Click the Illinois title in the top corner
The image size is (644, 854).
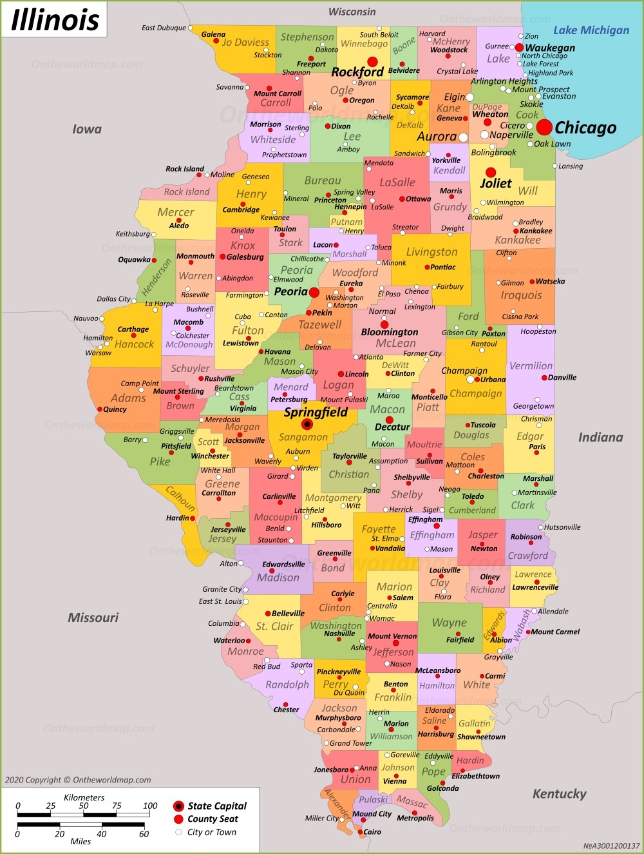[55, 19]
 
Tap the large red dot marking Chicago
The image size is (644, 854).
[544, 127]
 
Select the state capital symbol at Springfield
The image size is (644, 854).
[307, 424]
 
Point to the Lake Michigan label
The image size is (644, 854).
[591, 30]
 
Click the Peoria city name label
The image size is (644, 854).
[290, 291]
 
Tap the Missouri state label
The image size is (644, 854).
[93, 617]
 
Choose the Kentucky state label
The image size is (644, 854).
[559, 793]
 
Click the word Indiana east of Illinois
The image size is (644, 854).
[600, 438]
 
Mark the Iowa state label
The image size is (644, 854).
[87, 129]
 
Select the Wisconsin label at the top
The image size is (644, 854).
[352, 12]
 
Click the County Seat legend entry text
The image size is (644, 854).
[213, 819]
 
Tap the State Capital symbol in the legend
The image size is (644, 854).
[178, 806]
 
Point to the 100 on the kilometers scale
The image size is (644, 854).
[150, 805]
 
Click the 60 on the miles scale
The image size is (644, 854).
[144, 833]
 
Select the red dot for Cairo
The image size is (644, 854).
[360, 832]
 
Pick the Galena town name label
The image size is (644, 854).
[213, 34]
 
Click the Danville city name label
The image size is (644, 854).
[562, 378]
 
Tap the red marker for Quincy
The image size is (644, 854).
[99, 409]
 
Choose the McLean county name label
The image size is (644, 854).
[396, 344]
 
